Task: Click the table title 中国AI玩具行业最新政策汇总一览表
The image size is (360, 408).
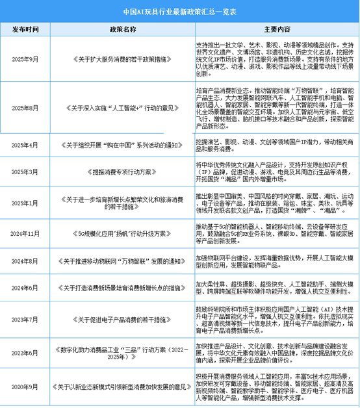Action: coord(180,12)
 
